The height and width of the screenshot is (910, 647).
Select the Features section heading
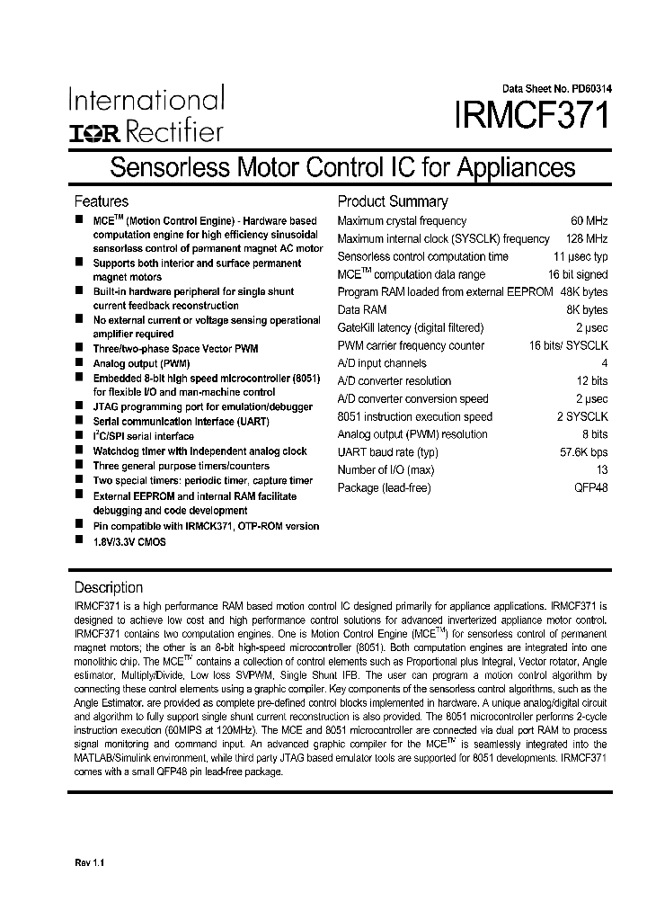point(101,201)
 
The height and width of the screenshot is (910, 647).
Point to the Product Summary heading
point(392,201)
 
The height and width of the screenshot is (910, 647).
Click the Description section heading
point(108,587)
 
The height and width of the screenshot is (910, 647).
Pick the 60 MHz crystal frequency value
point(589,221)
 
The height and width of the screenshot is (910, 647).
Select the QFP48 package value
point(590,488)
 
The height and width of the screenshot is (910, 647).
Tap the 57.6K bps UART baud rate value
point(583,452)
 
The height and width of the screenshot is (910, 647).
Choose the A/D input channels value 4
point(604,363)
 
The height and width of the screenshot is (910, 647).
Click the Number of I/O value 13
point(601,470)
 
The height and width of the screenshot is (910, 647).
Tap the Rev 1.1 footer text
point(90,863)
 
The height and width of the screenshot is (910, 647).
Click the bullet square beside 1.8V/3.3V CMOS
point(79,540)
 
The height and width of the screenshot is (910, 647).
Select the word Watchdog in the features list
point(118,451)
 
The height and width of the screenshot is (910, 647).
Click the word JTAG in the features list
point(106,407)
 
